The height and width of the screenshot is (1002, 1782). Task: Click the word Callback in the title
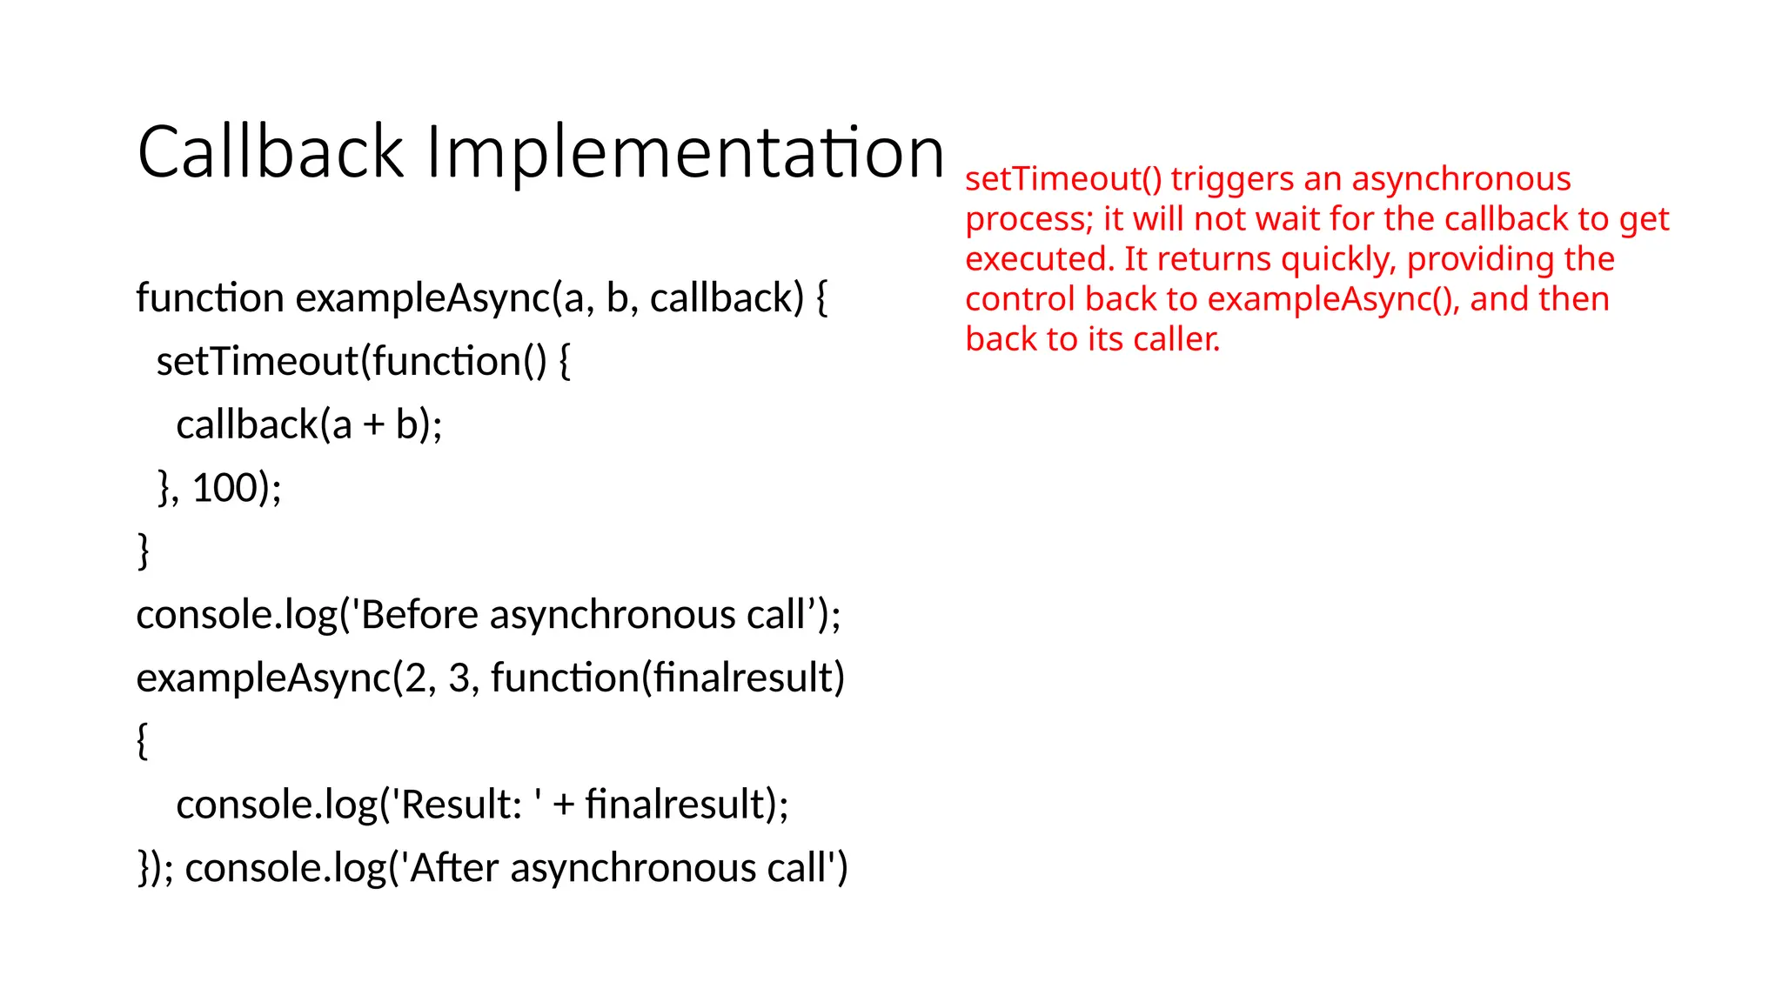click(271, 152)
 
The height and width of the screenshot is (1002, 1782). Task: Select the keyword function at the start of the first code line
click(210, 298)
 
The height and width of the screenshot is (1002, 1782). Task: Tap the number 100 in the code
click(224, 488)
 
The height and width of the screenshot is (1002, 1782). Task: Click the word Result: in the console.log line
click(461, 805)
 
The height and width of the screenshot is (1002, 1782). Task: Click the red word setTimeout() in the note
click(1063, 179)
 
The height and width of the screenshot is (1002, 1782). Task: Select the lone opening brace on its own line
click(143, 741)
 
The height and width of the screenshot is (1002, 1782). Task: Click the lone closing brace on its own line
click(144, 551)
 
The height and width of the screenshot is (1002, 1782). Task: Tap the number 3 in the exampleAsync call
click(459, 678)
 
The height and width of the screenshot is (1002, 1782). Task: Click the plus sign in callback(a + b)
click(373, 425)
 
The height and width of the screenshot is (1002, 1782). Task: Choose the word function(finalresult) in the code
click(667, 678)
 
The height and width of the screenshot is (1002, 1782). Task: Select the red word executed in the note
click(1039, 259)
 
